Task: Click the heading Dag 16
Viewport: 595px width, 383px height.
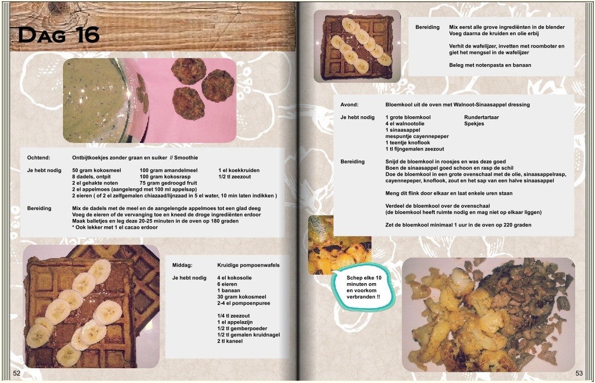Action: point(58,35)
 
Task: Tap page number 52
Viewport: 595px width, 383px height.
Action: point(16,373)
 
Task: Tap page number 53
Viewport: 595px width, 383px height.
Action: point(579,373)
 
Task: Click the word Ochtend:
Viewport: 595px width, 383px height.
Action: point(39,158)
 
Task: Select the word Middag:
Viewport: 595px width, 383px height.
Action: point(182,265)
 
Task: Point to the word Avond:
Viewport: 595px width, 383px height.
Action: point(349,104)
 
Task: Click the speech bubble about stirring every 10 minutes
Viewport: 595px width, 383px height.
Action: point(363,287)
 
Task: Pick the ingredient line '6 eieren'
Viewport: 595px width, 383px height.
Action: point(227,284)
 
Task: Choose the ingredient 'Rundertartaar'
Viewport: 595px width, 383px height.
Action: point(481,117)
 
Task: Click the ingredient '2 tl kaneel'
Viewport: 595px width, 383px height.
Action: point(230,341)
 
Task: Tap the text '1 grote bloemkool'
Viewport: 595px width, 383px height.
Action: point(408,117)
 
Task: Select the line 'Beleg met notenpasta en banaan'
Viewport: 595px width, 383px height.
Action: point(490,65)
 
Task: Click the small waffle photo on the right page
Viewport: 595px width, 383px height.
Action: point(357,46)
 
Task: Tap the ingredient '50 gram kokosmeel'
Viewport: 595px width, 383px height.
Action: point(96,170)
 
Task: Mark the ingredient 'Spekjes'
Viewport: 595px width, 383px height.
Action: point(474,123)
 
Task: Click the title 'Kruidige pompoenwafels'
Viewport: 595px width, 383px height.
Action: point(248,265)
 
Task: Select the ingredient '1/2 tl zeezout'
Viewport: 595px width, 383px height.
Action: point(234,176)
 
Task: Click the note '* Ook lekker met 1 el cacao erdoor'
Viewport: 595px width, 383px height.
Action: point(115,227)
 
